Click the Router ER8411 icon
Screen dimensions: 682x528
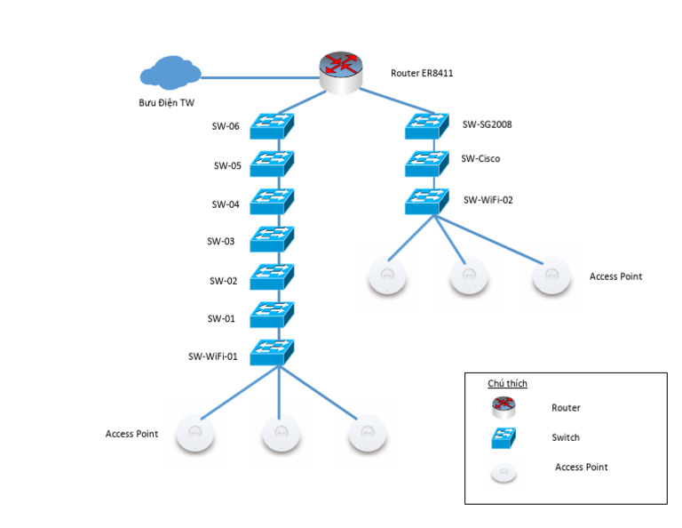[341, 73]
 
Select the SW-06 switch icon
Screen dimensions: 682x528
[272, 126]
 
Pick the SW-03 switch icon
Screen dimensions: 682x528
[272, 239]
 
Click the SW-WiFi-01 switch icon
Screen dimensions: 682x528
[272, 352]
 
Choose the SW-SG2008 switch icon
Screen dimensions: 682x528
[426, 126]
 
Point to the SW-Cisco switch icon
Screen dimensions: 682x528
[426, 164]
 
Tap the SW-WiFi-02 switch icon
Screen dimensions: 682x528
[426, 201]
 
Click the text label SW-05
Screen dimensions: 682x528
[227, 166]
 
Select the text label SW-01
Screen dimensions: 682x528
[221, 318]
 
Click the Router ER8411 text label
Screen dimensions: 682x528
[422, 73]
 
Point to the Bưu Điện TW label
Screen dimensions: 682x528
[167, 103]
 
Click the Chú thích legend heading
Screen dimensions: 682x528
[508, 383]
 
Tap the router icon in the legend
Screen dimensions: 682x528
[504, 408]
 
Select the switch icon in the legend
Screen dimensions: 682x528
[504, 438]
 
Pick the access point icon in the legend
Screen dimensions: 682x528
[504, 473]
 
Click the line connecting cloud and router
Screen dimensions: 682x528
[260, 78]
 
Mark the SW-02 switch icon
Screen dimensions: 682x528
[272, 276]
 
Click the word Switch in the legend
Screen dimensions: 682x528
[566, 437]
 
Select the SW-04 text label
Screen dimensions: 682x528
[226, 204]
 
